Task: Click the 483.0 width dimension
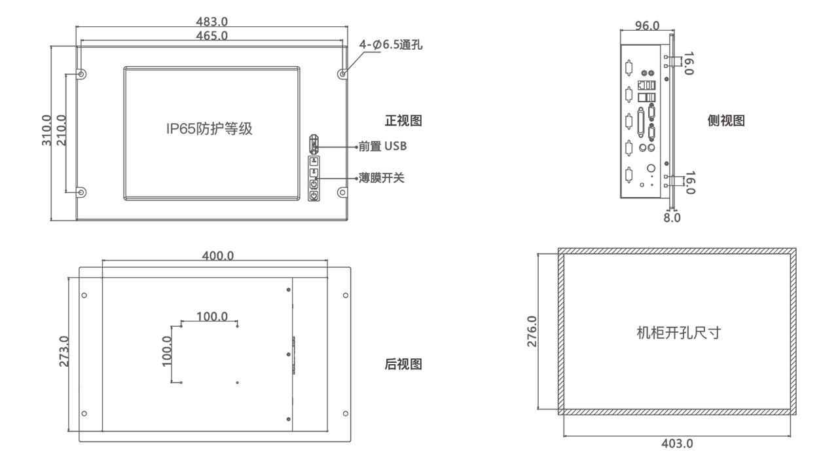click(211, 22)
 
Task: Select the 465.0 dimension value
click(211, 36)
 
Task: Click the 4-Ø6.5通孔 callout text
click(391, 45)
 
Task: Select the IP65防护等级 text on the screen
click(209, 129)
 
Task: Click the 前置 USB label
click(383, 146)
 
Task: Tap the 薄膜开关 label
click(382, 177)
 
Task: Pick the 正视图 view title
click(403, 121)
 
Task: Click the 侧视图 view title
click(727, 121)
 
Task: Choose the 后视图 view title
click(403, 365)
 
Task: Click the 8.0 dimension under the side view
click(672, 217)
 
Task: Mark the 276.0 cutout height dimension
click(532, 331)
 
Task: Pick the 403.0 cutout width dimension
click(677, 443)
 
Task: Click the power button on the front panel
click(314, 195)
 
